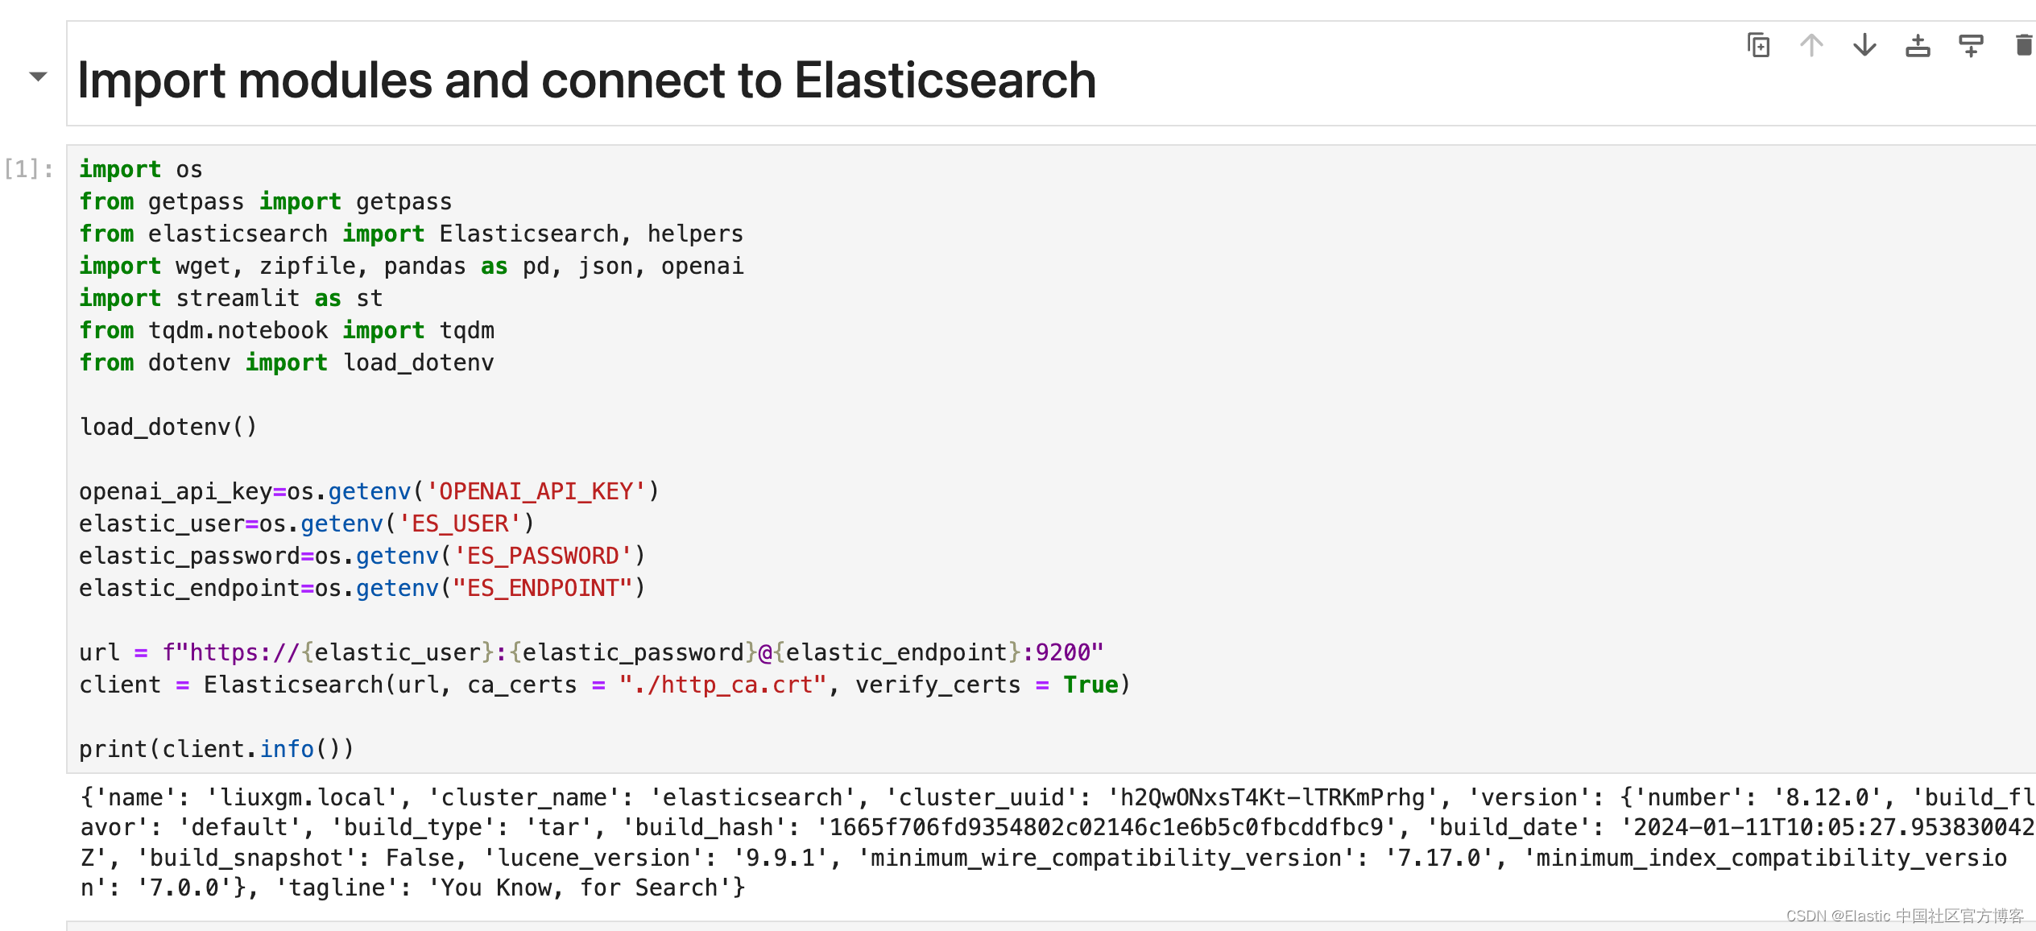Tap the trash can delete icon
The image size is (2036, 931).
coord(2023,45)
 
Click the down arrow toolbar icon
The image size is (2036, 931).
coord(1864,45)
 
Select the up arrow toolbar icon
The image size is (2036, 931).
coord(1811,45)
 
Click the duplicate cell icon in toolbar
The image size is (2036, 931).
coord(1758,45)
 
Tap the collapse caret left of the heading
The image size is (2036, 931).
coord(38,77)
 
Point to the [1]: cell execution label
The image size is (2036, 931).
coord(29,169)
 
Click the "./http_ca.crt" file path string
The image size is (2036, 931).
coord(722,685)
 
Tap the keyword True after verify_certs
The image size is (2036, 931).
coord(1090,685)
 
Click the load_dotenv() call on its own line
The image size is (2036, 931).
coord(168,427)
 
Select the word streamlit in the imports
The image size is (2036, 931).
coord(238,298)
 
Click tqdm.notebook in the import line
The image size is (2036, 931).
coord(238,330)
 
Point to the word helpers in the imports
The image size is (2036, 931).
coord(695,234)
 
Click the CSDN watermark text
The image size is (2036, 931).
coord(1904,916)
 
